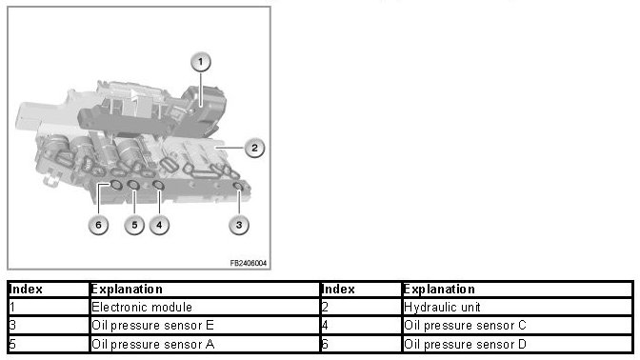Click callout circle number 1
point(200,62)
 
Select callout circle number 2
point(254,148)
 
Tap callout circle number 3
point(239,225)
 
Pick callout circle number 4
point(159,225)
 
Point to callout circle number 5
point(134,225)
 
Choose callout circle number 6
point(98,225)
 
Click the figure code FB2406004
point(249,263)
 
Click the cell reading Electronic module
point(205,307)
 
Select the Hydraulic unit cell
point(517,307)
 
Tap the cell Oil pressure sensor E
point(205,326)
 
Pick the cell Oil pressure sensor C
point(517,326)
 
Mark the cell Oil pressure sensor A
point(205,344)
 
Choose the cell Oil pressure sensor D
point(517,344)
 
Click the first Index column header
point(49,290)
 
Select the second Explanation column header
point(517,290)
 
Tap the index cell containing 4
point(361,326)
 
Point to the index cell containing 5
point(49,344)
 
